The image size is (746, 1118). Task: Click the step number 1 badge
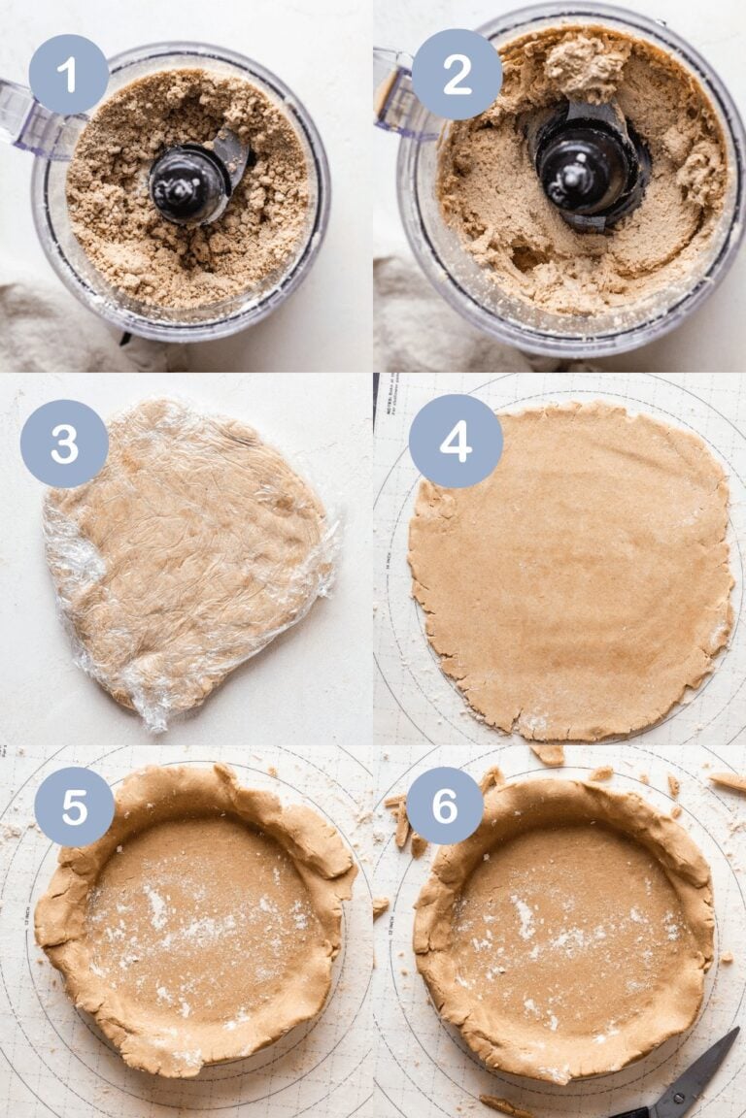68,74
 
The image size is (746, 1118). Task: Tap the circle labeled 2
457,74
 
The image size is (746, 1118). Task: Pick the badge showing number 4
456,441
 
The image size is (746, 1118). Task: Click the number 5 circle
74,806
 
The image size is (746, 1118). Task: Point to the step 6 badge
445,806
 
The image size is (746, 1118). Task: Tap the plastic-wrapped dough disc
189,553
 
